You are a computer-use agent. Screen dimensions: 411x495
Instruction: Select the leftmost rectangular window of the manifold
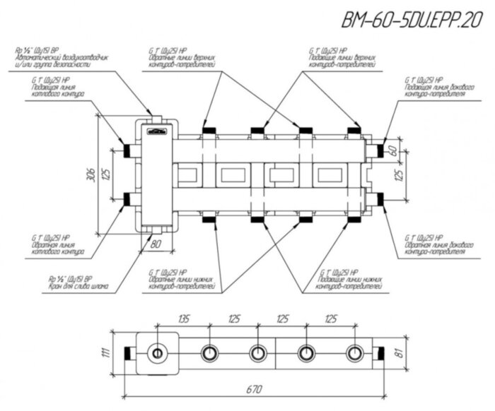[x=188, y=174]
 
